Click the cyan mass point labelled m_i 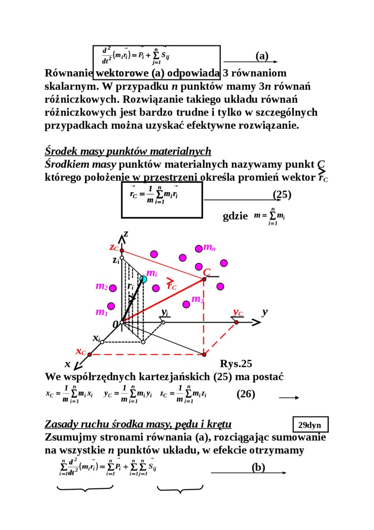(x=143, y=279)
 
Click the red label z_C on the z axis (x=114, y=247)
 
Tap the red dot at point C (x=204, y=280)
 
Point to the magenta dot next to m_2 (x=113, y=288)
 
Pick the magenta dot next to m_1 (x=111, y=306)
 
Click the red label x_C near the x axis (x=81, y=352)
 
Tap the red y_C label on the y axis (x=238, y=313)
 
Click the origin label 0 (x=115, y=324)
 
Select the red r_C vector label (x=172, y=285)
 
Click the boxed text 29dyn (x=310, y=424)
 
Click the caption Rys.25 (x=236, y=364)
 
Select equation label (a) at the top (x=262, y=56)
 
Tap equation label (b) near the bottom (x=258, y=467)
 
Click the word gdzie (x=235, y=216)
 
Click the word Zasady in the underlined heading (x=62, y=424)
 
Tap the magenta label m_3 (x=197, y=299)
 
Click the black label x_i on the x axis (x=96, y=338)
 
